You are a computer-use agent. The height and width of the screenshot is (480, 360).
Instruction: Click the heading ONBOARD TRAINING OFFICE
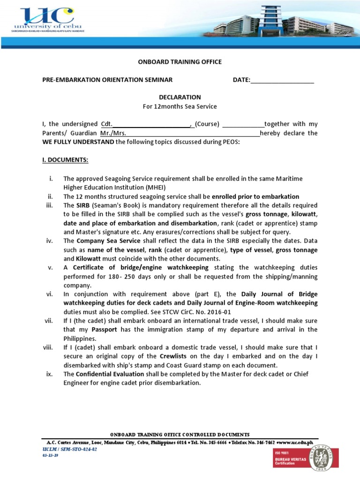coord(180,62)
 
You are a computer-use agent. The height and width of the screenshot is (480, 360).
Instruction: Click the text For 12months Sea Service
coord(180,106)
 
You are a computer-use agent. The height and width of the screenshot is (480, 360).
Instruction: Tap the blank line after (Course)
coord(243,125)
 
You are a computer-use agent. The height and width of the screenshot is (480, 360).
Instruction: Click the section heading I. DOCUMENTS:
coord(65,160)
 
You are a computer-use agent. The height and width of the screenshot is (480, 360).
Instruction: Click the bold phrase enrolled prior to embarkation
coord(255,196)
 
